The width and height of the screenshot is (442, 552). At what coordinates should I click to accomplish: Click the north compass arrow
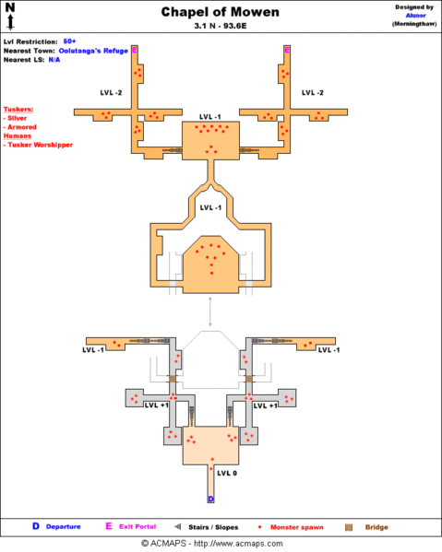click(x=10, y=15)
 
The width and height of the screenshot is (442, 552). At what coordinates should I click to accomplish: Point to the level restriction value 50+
click(x=69, y=41)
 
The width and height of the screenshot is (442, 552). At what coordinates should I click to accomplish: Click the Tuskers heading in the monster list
click(x=19, y=109)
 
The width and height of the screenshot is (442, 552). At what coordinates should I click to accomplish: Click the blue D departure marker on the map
click(x=210, y=499)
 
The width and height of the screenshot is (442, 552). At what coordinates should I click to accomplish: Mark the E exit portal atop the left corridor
click(x=135, y=49)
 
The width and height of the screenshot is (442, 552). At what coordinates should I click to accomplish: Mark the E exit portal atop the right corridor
click(x=287, y=49)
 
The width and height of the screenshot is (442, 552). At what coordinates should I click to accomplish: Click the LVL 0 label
click(x=227, y=473)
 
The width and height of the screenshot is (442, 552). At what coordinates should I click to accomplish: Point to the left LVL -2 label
click(x=110, y=92)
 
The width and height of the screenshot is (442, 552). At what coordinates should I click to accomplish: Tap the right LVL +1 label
click(x=266, y=405)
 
